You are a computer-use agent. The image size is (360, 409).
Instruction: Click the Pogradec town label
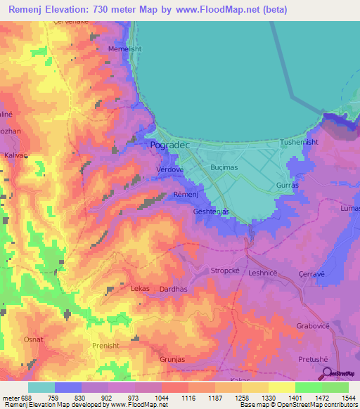tap(167, 145)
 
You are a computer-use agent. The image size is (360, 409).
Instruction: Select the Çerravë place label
tap(317, 274)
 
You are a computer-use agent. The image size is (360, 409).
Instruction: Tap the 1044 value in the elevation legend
tap(162, 398)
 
